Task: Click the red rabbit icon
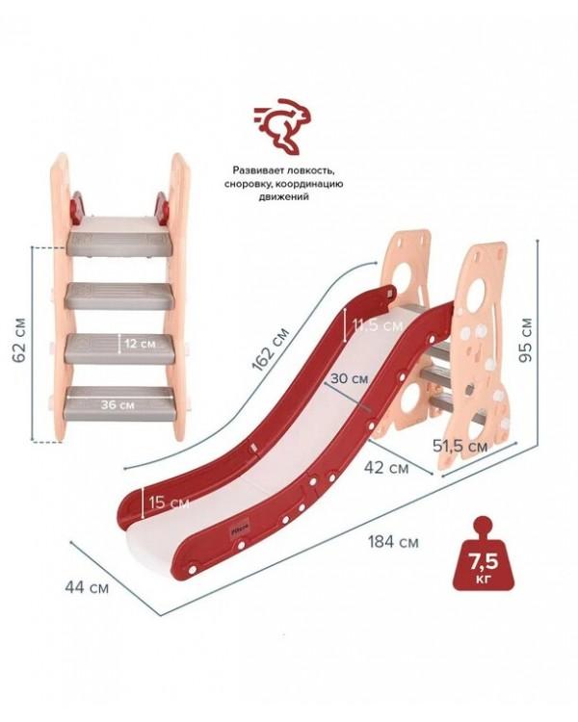(282, 125)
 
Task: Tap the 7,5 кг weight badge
(483, 553)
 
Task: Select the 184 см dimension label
(393, 542)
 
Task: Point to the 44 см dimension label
(87, 587)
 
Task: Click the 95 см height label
(525, 340)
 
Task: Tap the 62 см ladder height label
(20, 340)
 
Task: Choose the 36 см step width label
(118, 404)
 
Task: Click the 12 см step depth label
(140, 344)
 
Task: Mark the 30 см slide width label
(349, 378)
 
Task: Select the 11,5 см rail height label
(378, 325)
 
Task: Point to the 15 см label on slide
(169, 502)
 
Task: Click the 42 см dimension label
(385, 467)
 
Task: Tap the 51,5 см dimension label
(460, 446)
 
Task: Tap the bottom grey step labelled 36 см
(118, 403)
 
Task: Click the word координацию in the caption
(310, 184)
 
